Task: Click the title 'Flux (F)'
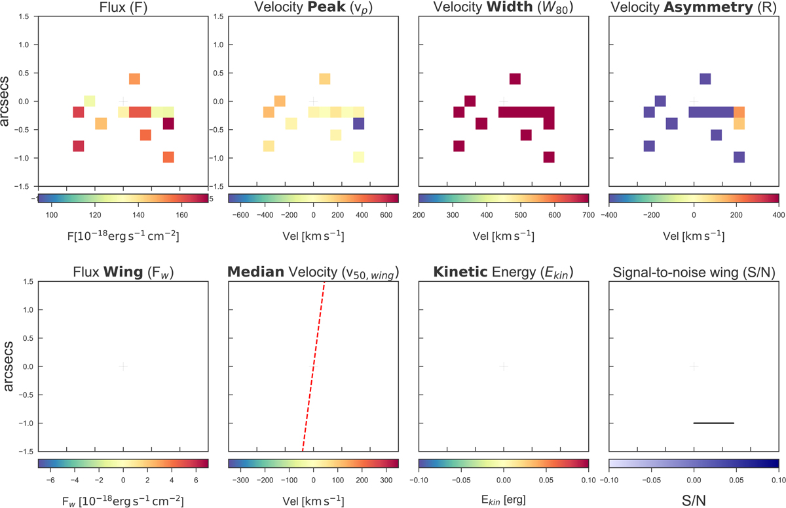(123, 9)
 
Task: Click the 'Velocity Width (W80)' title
(503, 9)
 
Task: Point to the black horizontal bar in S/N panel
(713, 423)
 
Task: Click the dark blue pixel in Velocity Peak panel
(358, 123)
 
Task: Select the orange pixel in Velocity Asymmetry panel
(739, 112)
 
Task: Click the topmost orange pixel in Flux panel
(134, 79)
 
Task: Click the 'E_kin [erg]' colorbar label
(503, 497)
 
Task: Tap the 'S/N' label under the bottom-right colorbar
(694, 497)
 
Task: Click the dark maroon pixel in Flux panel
(168, 123)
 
